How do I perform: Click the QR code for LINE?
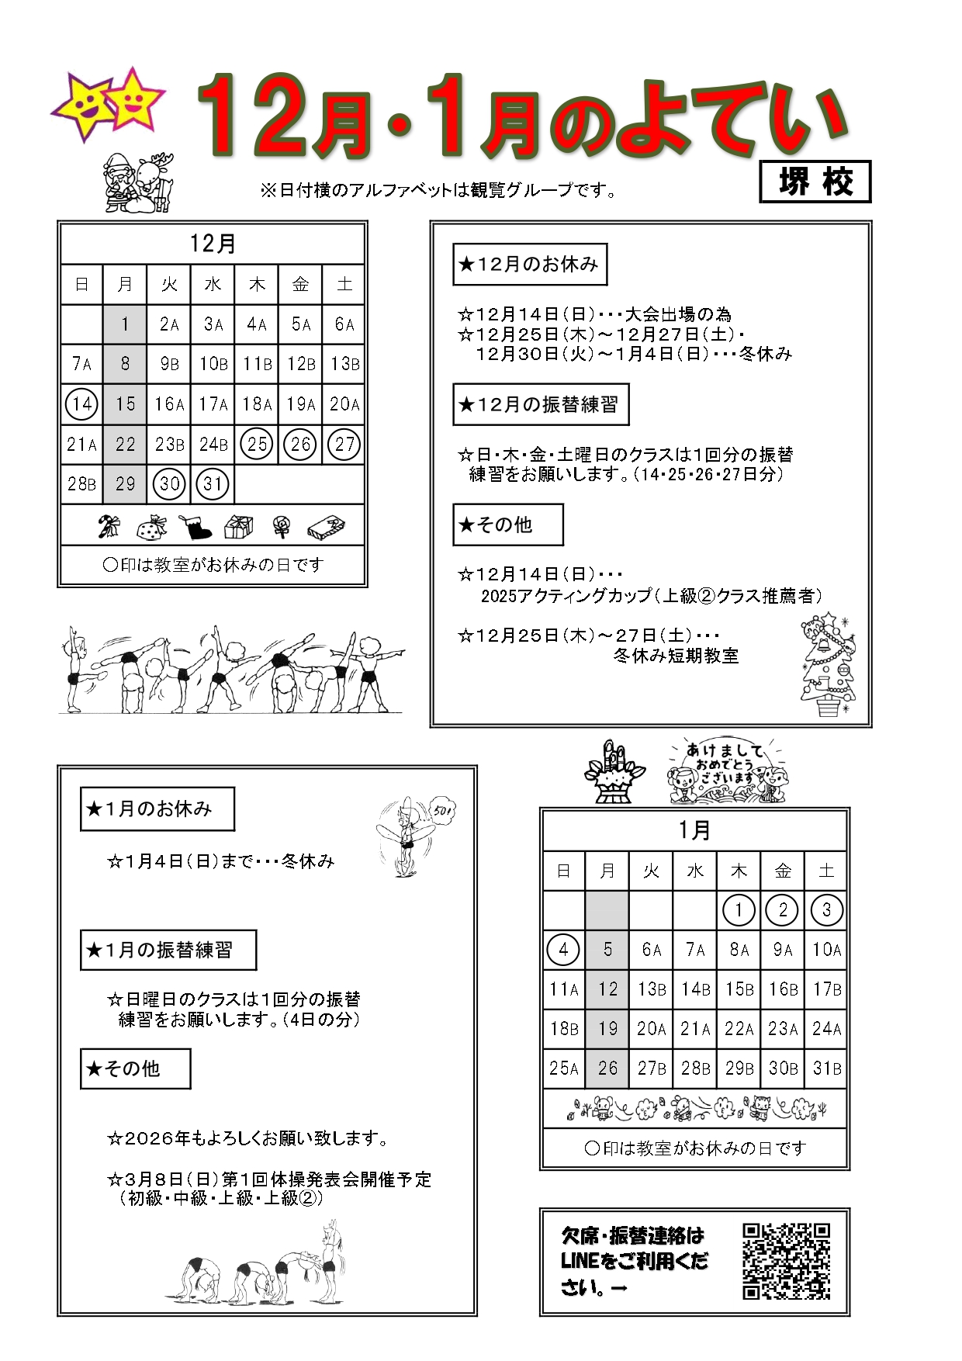pos(786,1261)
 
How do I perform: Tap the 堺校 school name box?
pos(815,182)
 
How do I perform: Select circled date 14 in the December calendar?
pos(81,404)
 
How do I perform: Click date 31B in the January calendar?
pos(827,1068)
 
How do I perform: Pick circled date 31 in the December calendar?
pos(213,484)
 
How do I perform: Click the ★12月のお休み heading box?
pos(530,265)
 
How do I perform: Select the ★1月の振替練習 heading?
pos(168,951)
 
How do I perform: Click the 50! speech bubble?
pos(443,812)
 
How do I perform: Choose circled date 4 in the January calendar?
pos(563,950)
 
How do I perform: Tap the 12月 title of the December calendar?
pos(213,244)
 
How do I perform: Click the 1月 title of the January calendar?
pos(694,830)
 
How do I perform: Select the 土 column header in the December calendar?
pos(344,285)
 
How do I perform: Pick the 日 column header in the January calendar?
pos(563,871)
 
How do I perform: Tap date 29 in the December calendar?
pos(125,484)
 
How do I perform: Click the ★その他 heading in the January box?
pos(135,1069)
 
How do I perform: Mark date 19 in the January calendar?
pos(607,1029)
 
